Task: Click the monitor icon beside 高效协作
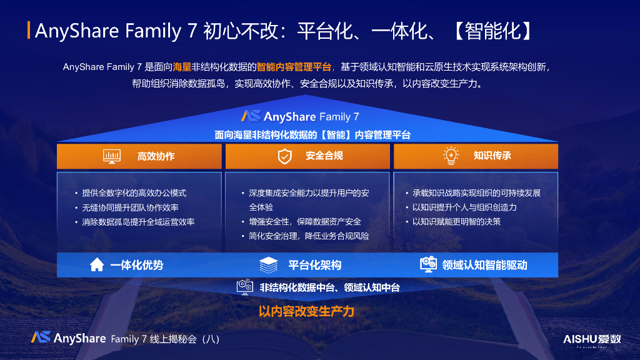point(112,156)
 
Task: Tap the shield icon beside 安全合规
point(284,156)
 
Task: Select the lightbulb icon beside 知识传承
point(451,156)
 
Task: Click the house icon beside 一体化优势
point(97,265)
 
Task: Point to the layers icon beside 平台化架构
point(269,265)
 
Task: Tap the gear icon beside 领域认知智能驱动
point(428,264)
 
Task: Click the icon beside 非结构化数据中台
point(244,287)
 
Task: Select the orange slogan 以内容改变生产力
point(306,311)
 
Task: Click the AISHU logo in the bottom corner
point(592,339)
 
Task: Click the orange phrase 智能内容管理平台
point(294,66)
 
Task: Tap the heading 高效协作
point(156,156)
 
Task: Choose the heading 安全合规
point(324,156)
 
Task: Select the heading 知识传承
point(492,156)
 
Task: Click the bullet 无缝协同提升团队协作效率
point(131,207)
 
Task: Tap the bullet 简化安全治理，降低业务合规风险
point(305,236)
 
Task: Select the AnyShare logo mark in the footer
point(41,337)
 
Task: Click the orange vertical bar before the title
point(29,30)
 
